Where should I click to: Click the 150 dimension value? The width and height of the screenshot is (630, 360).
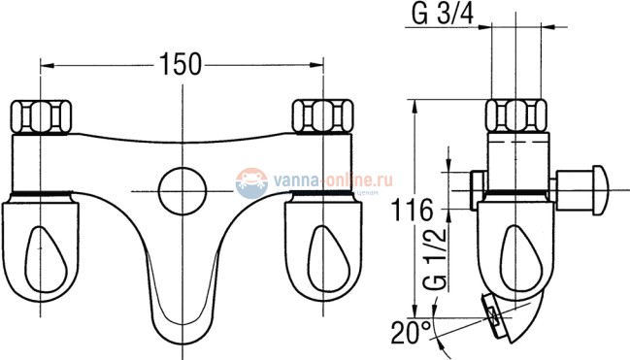pyautogui.click(x=182, y=64)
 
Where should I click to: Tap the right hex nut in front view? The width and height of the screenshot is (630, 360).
pyautogui.click(x=321, y=117)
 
